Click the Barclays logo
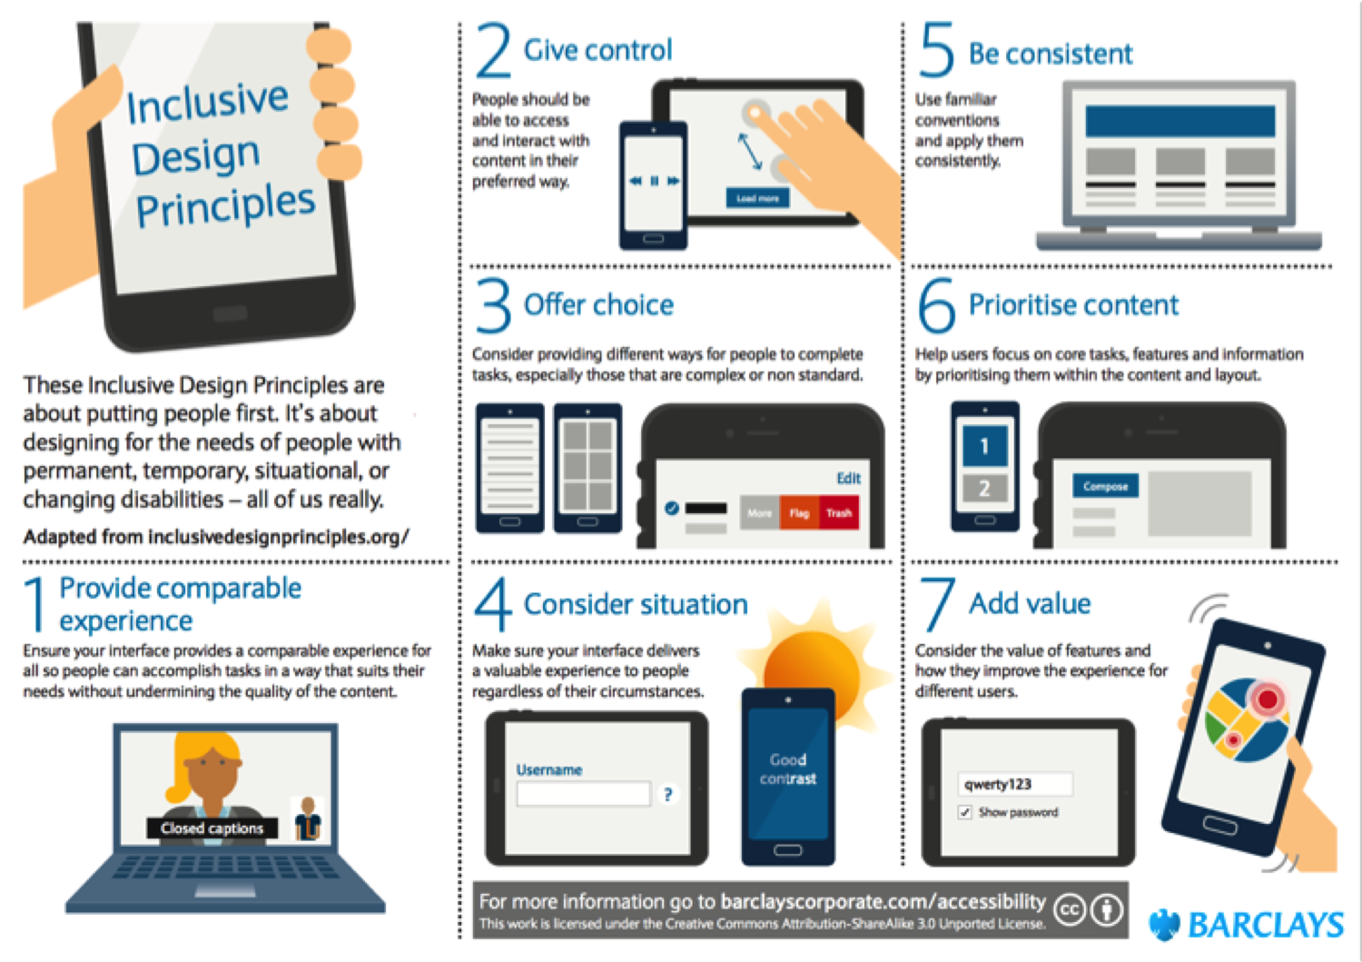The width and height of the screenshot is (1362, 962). click(1246, 925)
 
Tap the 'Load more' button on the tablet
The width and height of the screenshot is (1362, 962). click(756, 198)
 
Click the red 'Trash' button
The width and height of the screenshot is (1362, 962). click(838, 513)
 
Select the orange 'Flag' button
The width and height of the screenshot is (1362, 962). click(799, 513)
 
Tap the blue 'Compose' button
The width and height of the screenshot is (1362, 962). click(1105, 486)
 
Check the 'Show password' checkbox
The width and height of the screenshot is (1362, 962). click(964, 812)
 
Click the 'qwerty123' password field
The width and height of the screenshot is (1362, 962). click(1015, 784)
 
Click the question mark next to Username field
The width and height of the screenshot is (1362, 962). click(667, 795)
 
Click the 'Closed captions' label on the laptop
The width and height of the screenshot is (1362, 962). click(212, 828)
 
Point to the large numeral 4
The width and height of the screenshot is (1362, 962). click(493, 605)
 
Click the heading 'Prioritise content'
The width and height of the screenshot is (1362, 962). click(1072, 305)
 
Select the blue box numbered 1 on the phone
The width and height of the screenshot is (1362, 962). click(984, 446)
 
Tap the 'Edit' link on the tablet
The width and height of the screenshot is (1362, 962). click(848, 478)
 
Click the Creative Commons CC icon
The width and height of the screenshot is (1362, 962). click(1070, 909)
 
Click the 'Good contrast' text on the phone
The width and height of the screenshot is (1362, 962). click(787, 769)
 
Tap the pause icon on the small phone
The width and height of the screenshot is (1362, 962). click(654, 181)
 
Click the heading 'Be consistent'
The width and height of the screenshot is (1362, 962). click(1050, 55)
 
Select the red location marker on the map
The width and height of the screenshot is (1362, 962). click(1267, 699)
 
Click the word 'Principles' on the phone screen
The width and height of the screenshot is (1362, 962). click(225, 206)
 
